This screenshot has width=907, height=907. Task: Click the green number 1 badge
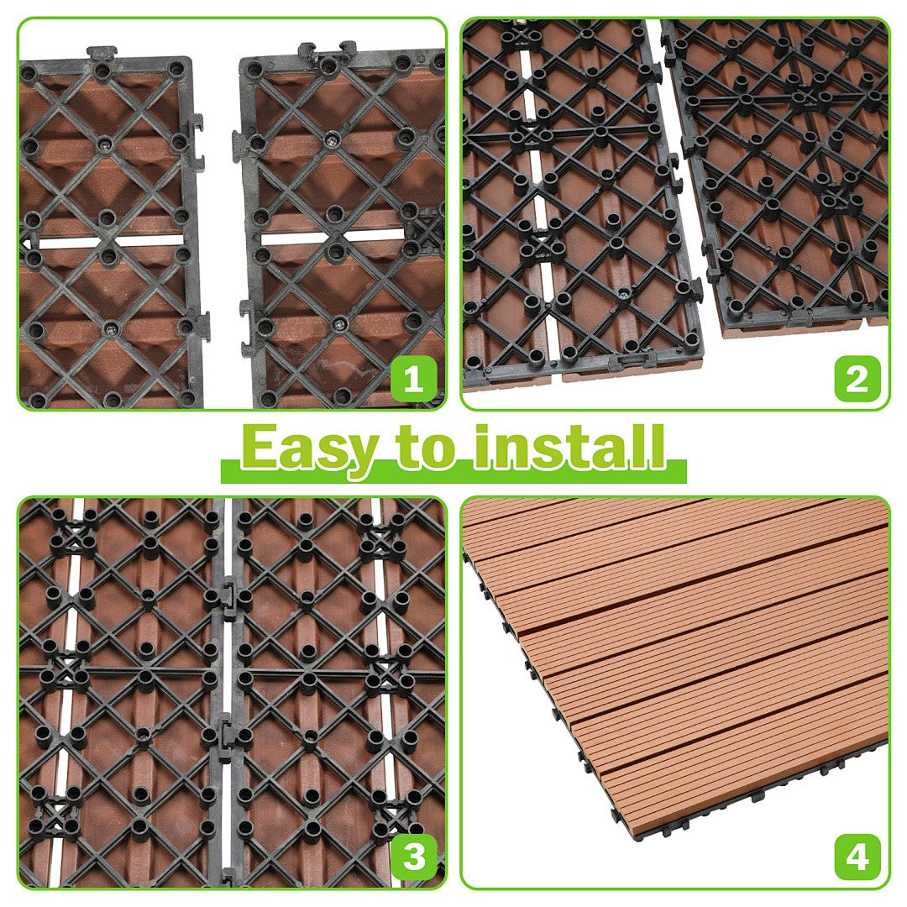pos(413,380)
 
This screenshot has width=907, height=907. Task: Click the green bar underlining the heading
pos(453,471)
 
